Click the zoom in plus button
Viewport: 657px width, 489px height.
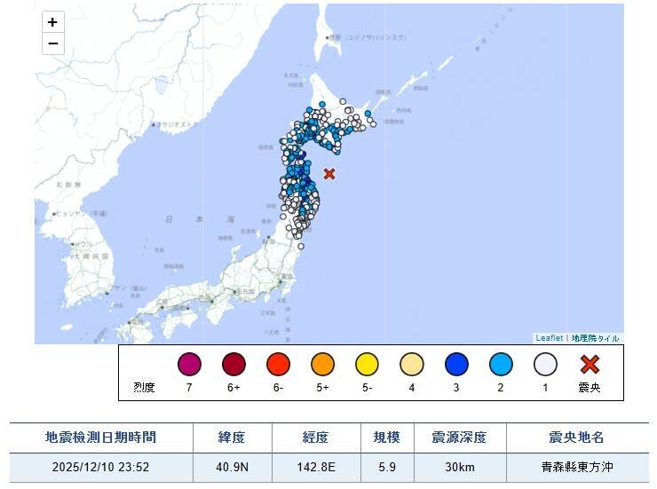pos(53,22)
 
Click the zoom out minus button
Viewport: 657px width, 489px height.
pos(53,43)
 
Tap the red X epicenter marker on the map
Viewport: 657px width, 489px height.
pos(329,174)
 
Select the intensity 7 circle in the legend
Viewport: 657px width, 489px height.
pos(189,365)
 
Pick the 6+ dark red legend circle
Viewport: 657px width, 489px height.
pos(234,365)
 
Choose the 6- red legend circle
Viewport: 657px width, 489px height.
pos(278,365)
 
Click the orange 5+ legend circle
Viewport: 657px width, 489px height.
pos(322,365)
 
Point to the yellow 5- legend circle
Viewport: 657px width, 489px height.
pos(367,365)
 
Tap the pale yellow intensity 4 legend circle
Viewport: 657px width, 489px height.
pos(411,365)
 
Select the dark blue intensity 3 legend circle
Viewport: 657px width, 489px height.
pos(456,365)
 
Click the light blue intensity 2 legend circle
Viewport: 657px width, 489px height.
pos(501,365)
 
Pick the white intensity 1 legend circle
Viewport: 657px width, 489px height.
pos(545,365)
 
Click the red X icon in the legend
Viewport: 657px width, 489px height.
pos(590,365)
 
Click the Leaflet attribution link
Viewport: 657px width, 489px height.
pos(549,338)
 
